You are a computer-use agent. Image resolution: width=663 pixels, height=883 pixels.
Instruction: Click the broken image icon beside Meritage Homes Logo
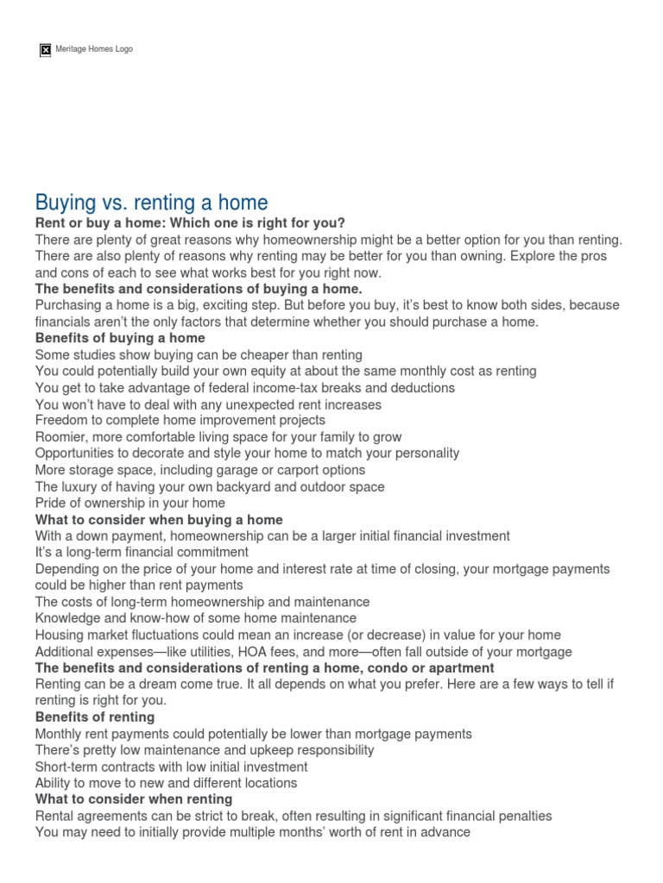tap(46, 50)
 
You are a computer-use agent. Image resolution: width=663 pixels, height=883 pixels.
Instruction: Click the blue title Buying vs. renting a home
tap(151, 203)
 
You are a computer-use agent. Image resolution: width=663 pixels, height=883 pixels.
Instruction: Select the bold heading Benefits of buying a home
tap(120, 337)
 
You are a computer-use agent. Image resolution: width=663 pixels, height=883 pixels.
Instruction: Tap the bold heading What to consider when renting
tap(134, 799)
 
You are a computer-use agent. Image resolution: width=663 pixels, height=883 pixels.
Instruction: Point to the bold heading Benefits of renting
tap(95, 717)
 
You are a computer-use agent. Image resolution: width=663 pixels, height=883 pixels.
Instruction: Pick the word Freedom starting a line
tap(59, 420)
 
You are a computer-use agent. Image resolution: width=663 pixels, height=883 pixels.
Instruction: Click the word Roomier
tap(60, 437)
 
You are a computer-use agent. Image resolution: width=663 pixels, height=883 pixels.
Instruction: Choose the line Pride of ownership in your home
tap(129, 503)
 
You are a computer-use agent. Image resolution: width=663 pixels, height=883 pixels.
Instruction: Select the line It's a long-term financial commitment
tap(142, 552)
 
